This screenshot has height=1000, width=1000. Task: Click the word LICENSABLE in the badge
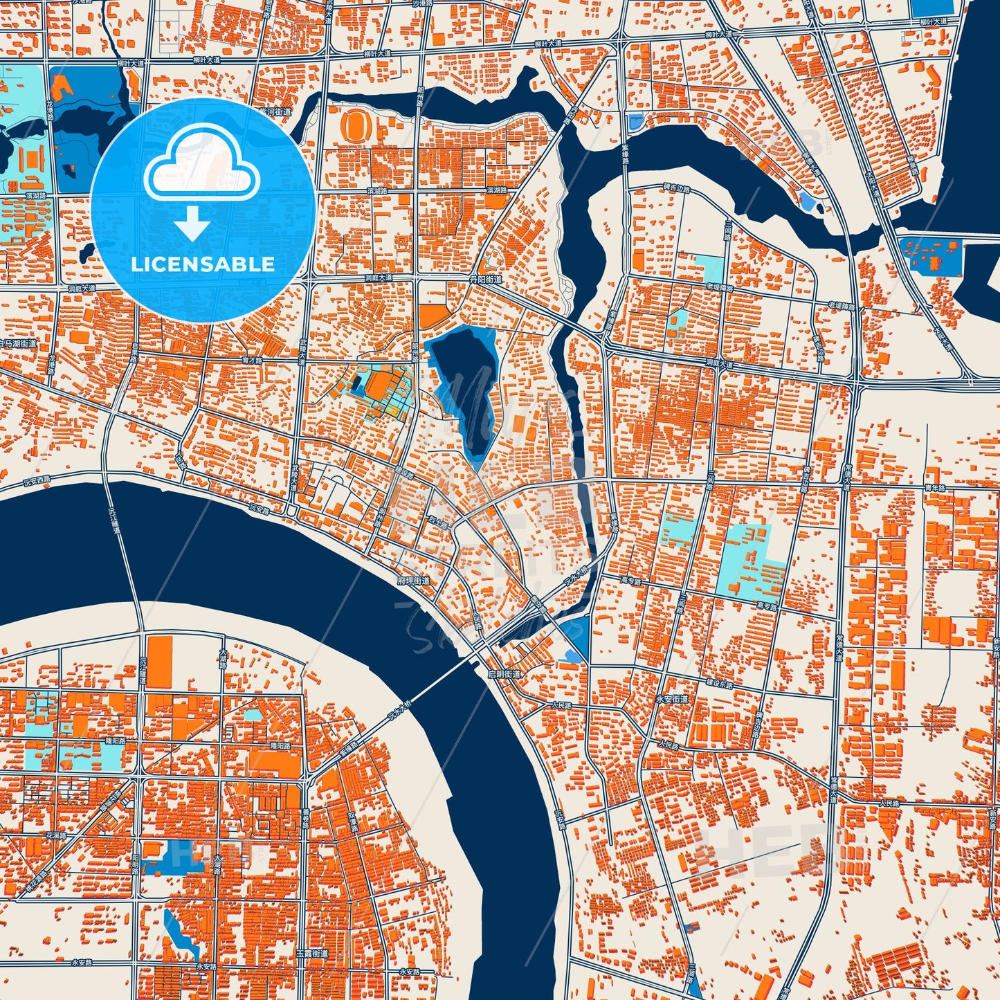click(x=202, y=264)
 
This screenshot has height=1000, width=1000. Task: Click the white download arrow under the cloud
click(x=192, y=223)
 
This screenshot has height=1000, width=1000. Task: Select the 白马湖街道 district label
click(x=18, y=344)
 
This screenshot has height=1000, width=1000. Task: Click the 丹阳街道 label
click(x=485, y=280)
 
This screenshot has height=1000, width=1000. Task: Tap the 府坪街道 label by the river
click(x=413, y=580)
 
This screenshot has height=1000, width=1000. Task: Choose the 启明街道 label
click(x=504, y=673)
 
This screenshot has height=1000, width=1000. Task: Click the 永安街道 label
click(x=671, y=699)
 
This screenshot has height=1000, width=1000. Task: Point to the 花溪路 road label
click(x=55, y=835)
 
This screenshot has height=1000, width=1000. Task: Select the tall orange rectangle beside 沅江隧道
click(x=160, y=662)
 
